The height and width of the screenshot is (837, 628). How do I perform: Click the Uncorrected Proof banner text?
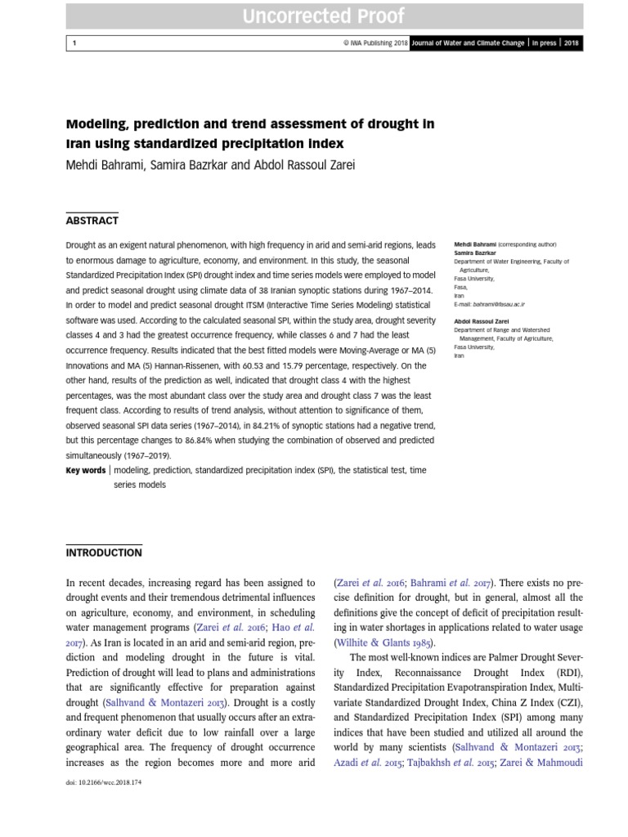click(x=322, y=16)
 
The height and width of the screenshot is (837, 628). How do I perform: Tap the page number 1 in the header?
click(x=73, y=43)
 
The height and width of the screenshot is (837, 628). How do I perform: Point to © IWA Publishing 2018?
click(x=375, y=43)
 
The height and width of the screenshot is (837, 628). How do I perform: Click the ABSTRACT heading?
click(x=92, y=221)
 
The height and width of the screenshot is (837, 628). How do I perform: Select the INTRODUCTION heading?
click(x=103, y=553)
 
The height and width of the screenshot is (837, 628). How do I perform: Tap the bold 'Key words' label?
click(x=85, y=470)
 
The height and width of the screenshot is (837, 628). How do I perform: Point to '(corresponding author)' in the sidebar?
click(x=527, y=244)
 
